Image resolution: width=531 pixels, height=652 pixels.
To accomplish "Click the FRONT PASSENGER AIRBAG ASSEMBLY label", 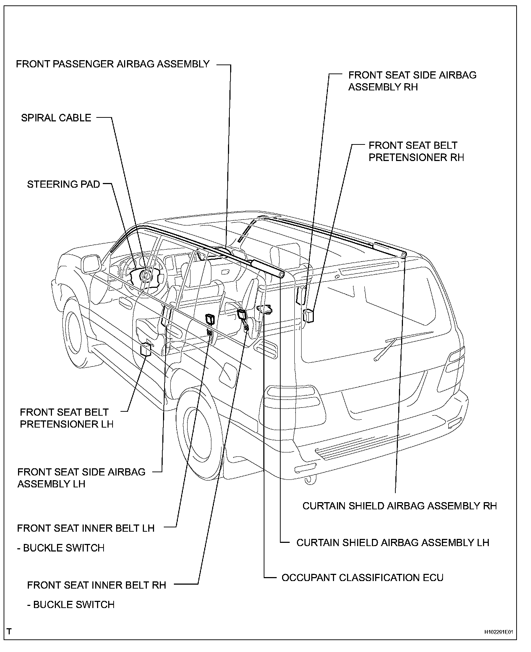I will [x=113, y=64].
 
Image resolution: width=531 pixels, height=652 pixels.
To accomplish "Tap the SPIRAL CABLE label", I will [x=56, y=118].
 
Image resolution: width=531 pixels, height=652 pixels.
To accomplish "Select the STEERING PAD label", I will [x=63, y=184].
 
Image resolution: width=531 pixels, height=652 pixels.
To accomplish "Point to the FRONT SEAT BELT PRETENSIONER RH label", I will [x=416, y=151].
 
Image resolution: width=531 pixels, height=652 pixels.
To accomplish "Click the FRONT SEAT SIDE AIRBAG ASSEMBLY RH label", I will [x=412, y=81].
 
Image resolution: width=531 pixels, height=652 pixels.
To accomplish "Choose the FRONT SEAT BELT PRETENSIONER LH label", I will [x=66, y=418].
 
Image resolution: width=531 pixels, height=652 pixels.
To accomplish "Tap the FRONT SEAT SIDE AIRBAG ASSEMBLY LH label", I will [x=81, y=478].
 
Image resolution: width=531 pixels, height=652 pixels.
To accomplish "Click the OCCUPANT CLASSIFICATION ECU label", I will [x=362, y=578].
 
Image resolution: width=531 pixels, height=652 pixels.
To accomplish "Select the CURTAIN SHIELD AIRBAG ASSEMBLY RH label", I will [x=399, y=506].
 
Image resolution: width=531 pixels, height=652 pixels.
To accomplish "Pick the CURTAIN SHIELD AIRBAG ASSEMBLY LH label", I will [x=392, y=542].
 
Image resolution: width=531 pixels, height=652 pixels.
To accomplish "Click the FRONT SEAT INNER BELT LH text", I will [x=86, y=528].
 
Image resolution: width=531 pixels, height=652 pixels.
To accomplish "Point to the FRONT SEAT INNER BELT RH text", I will [x=96, y=585].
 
